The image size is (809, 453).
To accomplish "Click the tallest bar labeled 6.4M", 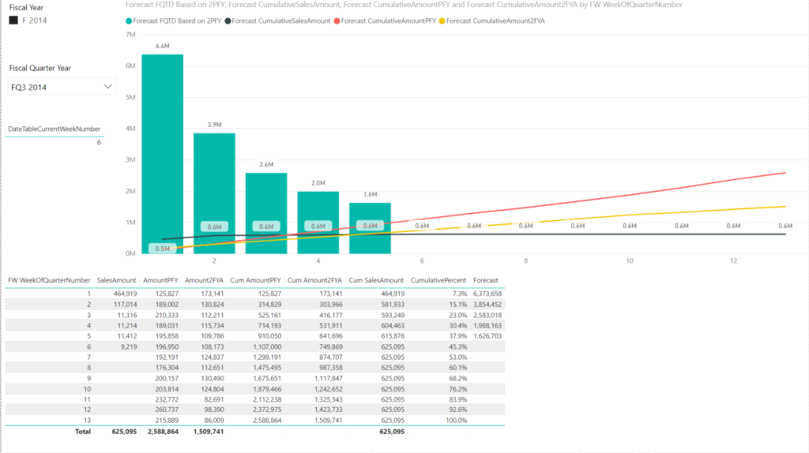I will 162,150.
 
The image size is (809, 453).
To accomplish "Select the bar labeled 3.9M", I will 214,189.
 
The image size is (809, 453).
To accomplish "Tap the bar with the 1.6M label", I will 370,225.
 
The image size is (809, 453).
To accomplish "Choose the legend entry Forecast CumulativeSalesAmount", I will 279,20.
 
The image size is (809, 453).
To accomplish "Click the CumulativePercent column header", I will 438,280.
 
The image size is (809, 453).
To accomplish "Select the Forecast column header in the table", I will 485,280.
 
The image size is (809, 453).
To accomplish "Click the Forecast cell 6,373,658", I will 487,293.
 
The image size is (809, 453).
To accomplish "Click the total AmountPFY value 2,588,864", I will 158,432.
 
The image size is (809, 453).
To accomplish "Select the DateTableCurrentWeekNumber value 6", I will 99,143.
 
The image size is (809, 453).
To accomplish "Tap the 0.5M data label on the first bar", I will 162,249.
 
